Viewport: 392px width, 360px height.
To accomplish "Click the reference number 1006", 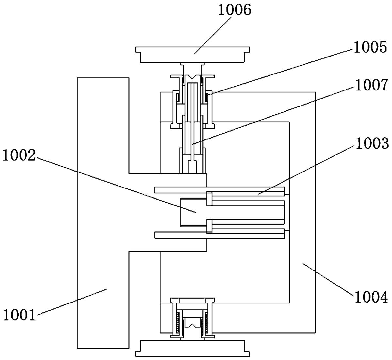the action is (234, 10).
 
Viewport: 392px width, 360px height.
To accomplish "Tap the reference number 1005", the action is (370, 47).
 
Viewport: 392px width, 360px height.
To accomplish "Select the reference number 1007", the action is (371, 85).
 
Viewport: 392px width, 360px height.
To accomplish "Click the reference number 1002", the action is (19, 155).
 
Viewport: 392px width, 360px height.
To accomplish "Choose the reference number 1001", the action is (20, 315).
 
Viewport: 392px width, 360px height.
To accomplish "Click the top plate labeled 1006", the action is (192, 55).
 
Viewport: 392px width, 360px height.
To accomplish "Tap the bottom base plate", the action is (192, 349).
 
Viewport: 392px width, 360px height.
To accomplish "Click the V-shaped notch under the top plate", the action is (192, 77).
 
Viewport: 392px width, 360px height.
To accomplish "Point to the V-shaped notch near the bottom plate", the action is (192, 326).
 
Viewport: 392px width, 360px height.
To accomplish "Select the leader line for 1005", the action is (281, 72).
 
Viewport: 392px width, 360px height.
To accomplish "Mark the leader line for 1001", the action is (72, 302).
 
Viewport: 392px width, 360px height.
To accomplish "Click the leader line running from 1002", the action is (116, 185).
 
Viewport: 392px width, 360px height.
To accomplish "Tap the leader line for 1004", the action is (329, 280).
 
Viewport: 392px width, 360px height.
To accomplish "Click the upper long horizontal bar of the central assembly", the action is (219, 190).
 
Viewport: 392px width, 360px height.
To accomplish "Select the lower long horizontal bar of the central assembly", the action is (219, 235).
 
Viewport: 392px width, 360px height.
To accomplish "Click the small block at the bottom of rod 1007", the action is (192, 167).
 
